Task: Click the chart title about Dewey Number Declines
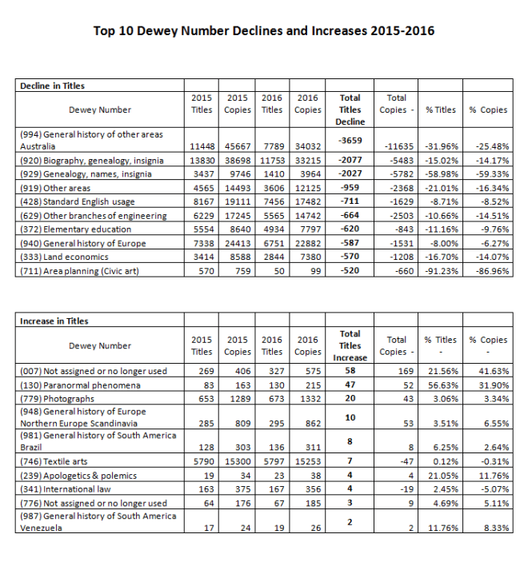[264, 31]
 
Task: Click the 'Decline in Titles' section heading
[52, 86]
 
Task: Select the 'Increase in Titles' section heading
[54, 321]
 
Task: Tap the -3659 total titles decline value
[350, 140]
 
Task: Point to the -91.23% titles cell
[441, 270]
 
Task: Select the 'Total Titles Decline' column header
[350, 110]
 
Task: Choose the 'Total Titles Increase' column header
[350, 345]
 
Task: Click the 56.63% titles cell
[441, 385]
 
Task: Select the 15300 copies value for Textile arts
[238, 461]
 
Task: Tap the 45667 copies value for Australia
[238, 146]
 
